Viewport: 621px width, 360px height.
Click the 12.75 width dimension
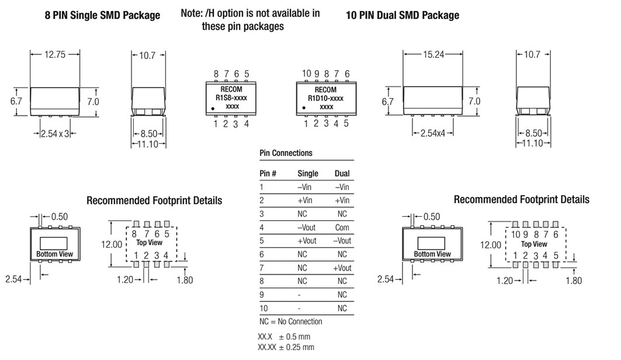[55, 54]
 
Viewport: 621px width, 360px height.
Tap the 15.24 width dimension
[433, 54]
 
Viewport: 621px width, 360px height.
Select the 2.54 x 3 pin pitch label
[55, 134]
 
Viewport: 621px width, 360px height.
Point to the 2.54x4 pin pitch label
[433, 133]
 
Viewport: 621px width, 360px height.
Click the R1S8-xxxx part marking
[231, 98]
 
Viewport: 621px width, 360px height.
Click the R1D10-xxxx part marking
[325, 98]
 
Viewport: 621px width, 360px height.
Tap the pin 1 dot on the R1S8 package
[213, 108]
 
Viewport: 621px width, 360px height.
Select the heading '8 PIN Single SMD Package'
[102, 15]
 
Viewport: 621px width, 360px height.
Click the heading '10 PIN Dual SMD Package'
[403, 15]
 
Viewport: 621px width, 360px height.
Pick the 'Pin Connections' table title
[286, 153]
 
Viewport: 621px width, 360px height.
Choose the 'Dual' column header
[342, 174]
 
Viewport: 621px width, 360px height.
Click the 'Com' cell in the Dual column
[342, 227]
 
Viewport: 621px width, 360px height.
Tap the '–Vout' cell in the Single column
[306, 227]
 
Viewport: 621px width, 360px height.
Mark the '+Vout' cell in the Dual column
[342, 268]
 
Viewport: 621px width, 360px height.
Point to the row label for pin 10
[264, 308]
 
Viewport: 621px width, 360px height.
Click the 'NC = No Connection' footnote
[291, 321]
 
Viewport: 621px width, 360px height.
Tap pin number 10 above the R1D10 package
[307, 73]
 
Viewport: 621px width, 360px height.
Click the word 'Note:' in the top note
[192, 13]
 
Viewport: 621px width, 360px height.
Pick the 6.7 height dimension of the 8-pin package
[16, 101]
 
